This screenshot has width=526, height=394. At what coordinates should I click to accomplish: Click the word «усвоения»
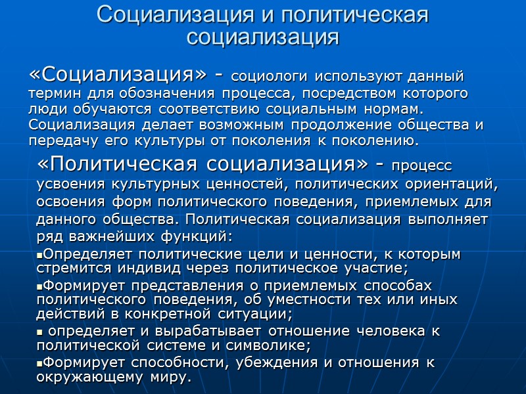pyautogui.click(x=67, y=185)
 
